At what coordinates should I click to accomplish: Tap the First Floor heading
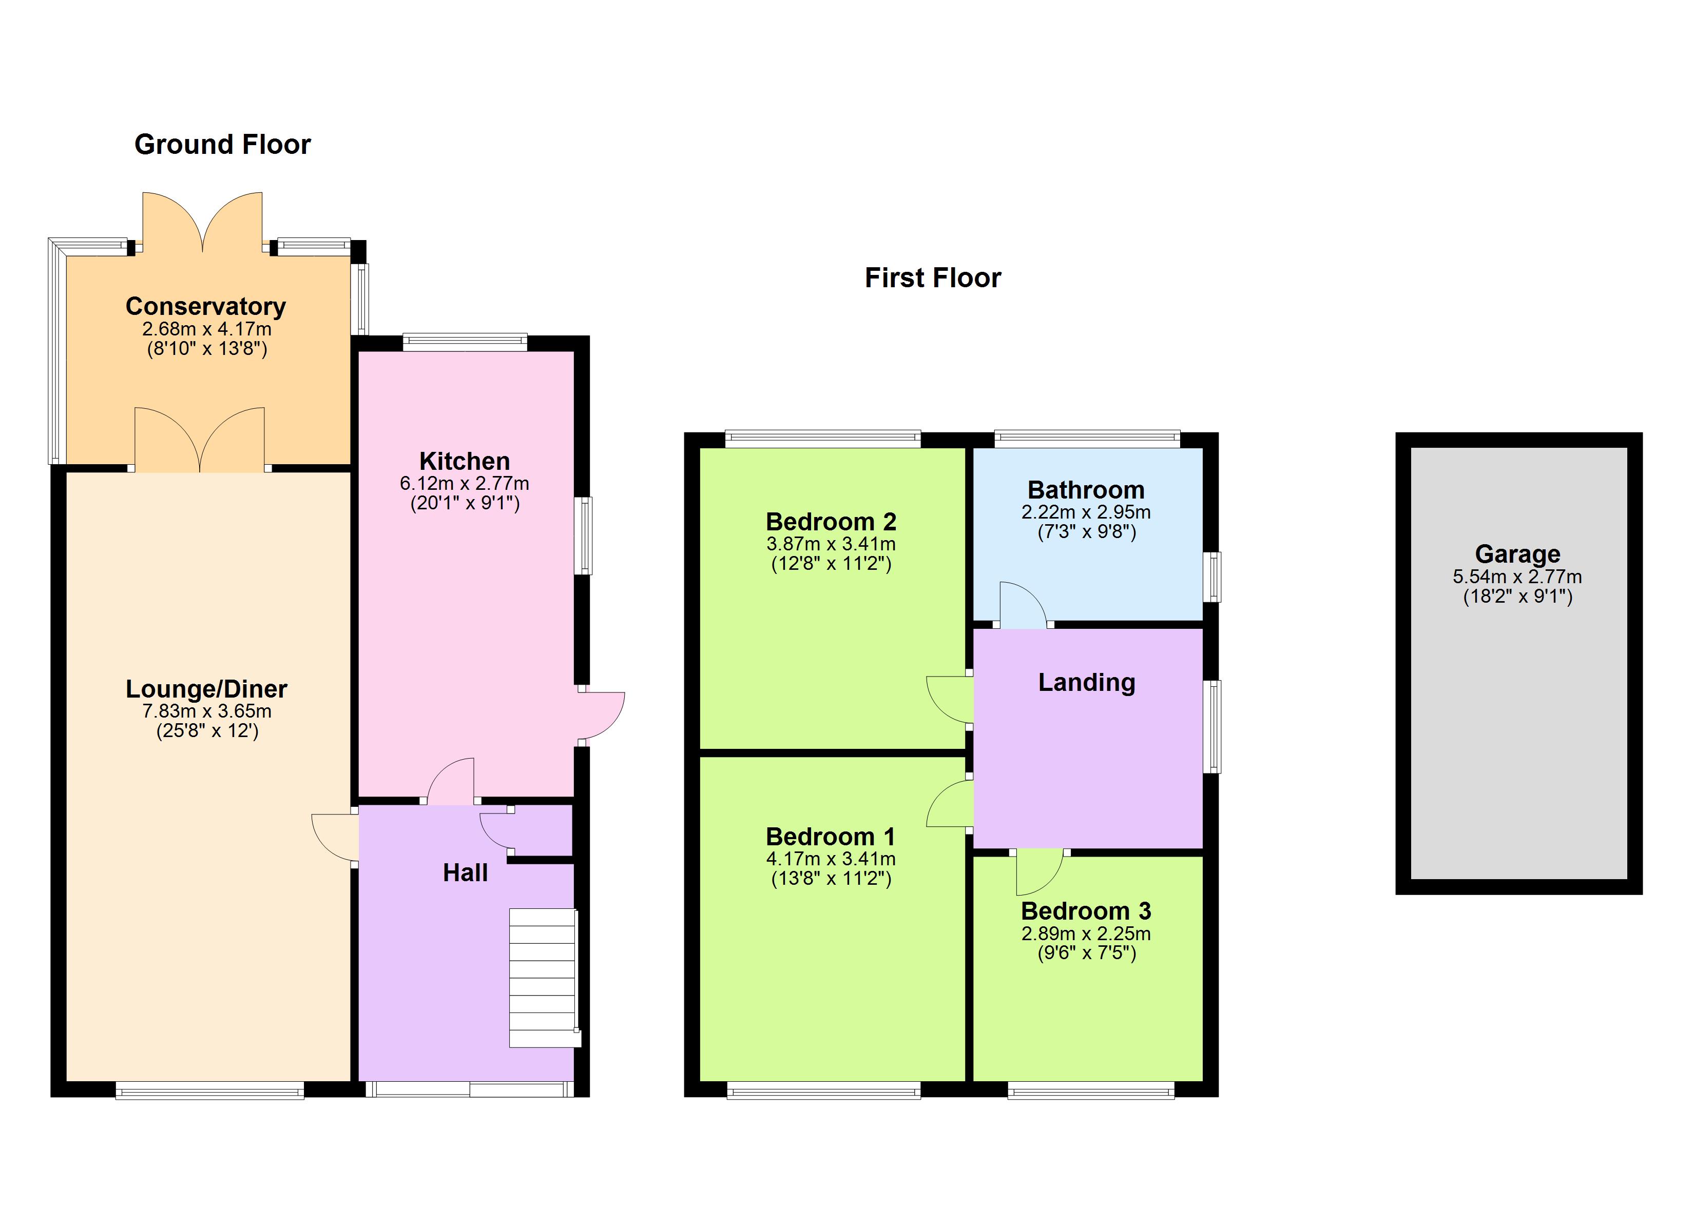point(932,277)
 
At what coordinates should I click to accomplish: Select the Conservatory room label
point(205,306)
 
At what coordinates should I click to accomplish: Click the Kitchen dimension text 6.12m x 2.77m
point(464,483)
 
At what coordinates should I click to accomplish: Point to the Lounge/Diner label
point(206,688)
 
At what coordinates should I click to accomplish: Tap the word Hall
point(465,872)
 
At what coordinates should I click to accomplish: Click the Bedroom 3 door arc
point(1038,872)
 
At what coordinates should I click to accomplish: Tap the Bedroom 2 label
point(831,521)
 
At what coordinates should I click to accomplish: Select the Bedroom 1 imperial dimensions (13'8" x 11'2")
point(831,879)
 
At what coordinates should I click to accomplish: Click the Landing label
point(1086,682)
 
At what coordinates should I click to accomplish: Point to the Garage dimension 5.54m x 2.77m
point(1517,577)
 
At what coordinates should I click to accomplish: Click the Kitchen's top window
point(465,342)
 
